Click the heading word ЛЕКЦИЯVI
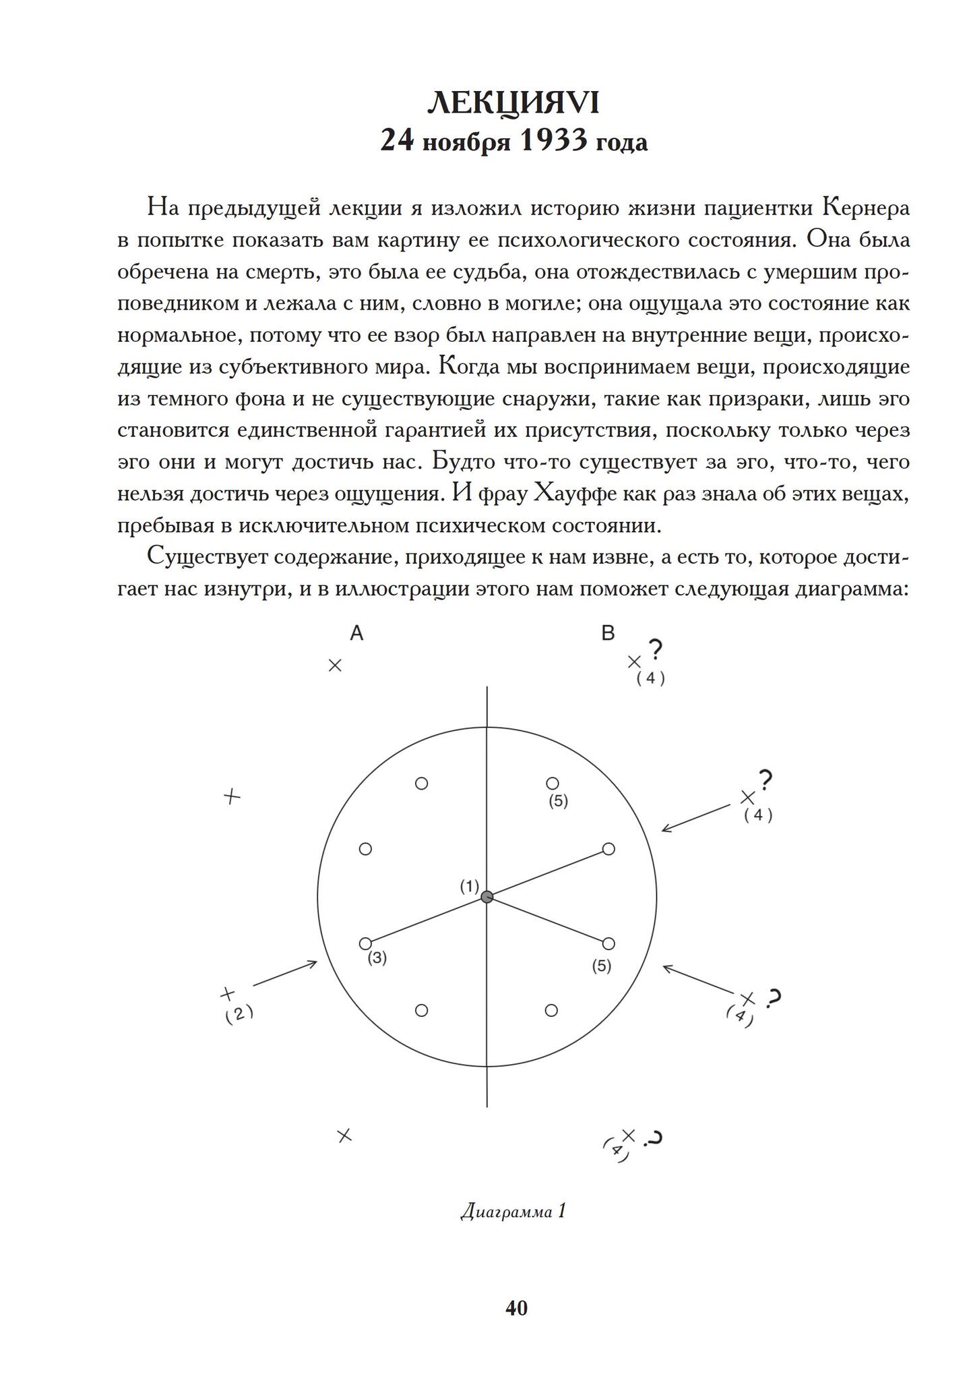click(x=513, y=103)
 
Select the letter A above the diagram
click(x=356, y=633)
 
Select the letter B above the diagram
click(x=608, y=633)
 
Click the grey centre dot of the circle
click(x=487, y=897)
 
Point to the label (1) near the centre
click(x=469, y=886)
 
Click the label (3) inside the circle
click(x=377, y=958)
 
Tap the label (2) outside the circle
click(x=239, y=1013)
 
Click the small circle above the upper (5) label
click(x=553, y=783)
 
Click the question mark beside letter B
click(x=655, y=650)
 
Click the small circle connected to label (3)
click(x=366, y=943)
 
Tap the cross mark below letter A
click(x=335, y=666)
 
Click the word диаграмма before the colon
click(x=848, y=589)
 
